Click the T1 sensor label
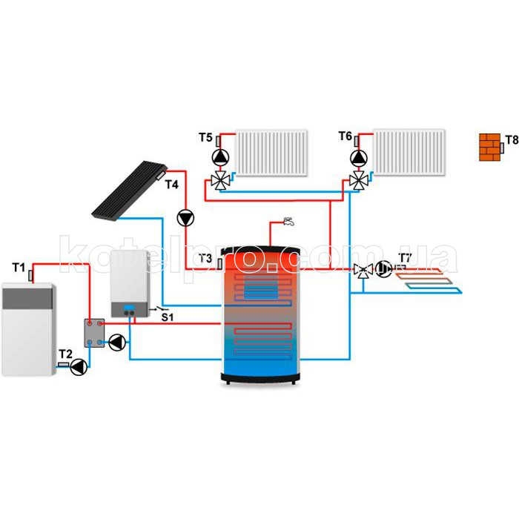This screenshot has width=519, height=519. click(x=19, y=267)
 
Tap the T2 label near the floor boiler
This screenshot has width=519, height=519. click(x=65, y=354)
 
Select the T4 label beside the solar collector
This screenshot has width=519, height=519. click(x=172, y=185)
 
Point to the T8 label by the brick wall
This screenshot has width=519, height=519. click(x=512, y=139)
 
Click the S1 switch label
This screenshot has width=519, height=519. click(x=168, y=317)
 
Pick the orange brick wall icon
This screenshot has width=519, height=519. click(x=489, y=148)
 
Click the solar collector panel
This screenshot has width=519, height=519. click(x=129, y=190)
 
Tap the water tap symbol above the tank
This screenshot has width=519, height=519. click(x=288, y=222)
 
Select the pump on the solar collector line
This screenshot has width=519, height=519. click(x=185, y=218)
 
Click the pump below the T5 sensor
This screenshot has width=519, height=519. click(x=220, y=158)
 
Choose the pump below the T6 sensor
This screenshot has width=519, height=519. click(x=359, y=158)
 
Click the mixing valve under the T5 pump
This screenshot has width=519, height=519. click(x=220, y=181)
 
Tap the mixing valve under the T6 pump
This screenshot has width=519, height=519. click(x=359, y=181)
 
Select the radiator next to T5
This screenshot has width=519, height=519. click(x=271, y=153)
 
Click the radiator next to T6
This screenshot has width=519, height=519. click(x=409, y=153)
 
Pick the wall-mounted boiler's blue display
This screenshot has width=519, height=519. click(x=129, y=308)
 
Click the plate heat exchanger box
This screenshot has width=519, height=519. click(x=94, y=333)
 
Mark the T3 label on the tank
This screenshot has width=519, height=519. click(x=205, y=258)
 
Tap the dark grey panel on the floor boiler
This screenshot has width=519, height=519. click(x=27, y=299)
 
